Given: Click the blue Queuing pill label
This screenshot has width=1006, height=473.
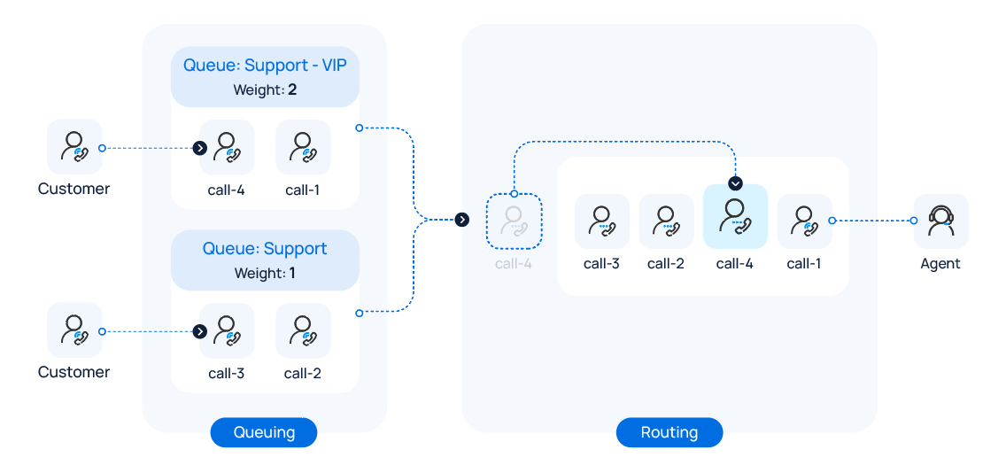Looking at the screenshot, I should tap(263, 432).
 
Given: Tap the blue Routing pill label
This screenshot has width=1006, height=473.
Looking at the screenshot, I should tap(669, 432).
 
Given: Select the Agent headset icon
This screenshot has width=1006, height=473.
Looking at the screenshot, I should tap(940, 221).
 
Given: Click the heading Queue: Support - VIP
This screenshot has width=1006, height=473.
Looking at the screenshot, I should tap(265, 66).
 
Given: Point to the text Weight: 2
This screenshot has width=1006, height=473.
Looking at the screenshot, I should tap(265, 89).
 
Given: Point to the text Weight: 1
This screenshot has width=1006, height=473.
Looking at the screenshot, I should tap(265, 273).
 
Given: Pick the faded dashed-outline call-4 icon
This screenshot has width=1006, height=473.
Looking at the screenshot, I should tap(514, 221).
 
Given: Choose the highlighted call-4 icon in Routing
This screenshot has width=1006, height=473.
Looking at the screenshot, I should tap(735, 217).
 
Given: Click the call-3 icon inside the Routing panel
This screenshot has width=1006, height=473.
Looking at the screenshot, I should tap(602, 221).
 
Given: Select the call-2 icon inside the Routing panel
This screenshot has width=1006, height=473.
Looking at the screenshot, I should tap(666, 221).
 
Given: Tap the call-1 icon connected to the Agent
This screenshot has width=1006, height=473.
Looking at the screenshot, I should tap(804, 221).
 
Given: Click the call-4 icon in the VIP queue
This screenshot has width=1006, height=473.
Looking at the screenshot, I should tap(227, 147).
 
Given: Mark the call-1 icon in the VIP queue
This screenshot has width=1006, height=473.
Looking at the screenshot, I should tap(303, 147).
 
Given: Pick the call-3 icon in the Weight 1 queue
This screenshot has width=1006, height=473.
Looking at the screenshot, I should tap(227, 330).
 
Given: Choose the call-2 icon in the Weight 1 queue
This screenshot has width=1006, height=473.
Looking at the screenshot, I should tap(303, 330).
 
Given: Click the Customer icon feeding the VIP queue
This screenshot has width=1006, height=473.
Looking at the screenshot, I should tap(74, 147).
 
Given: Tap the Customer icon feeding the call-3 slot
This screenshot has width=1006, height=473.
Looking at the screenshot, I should tap(74, 330).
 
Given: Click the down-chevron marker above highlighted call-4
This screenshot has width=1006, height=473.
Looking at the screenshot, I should tap(735, 183).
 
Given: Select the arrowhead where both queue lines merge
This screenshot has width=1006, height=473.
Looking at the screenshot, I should tap(461, 220).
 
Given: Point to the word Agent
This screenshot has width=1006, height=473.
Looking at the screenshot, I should tap(940, 263).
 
